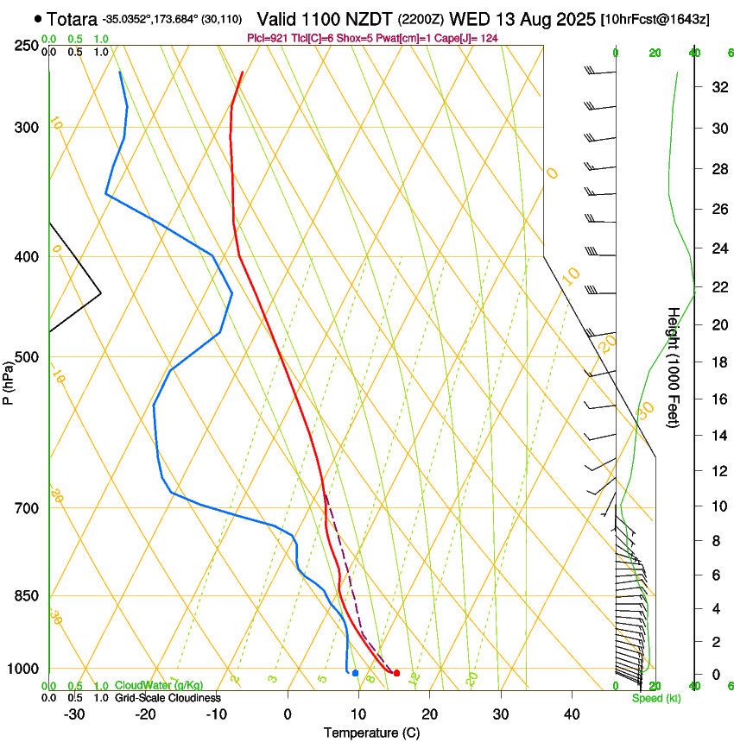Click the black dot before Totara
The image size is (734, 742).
[x=38, y=18]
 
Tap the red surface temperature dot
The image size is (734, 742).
[x=396, y=673]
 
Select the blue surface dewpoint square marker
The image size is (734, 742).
[x=355, y=673]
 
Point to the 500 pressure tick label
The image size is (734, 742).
[x=26, y=357]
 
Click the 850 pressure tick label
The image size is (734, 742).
[x=26, y=596]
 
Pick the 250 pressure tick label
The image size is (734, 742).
[x=26, y=46]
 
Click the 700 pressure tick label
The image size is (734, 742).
[x=26, y=508]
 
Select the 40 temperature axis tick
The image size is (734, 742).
[x=572, y=714]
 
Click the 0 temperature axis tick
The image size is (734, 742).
[x=288, y=714]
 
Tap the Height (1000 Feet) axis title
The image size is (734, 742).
[x=673, y=367]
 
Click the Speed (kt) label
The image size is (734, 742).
[x=655, y=698]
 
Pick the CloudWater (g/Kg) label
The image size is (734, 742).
[x=159, y=686]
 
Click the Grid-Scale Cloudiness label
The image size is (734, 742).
[x=168, y=698]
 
